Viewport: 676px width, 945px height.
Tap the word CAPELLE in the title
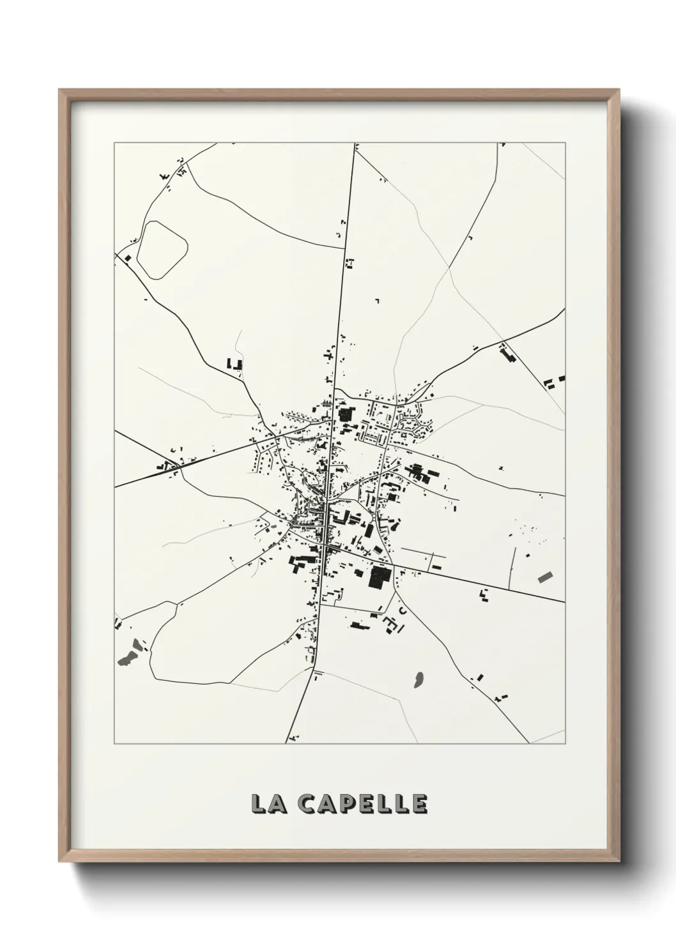coord(363,804)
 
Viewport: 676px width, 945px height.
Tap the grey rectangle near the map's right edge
coord(546,577)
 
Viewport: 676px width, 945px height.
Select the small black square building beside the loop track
coord(128,258)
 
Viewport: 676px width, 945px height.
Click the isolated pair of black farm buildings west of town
coord(234,364)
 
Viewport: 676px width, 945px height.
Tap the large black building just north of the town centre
coord(346,414)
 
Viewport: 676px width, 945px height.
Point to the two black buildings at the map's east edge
coord(554,381)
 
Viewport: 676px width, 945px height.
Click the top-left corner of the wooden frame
coord(60,91)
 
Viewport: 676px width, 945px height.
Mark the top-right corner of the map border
coord(564,143)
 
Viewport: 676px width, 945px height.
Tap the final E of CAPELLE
coord(420,804)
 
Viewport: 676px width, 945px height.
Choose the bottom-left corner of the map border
coord(114,744)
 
